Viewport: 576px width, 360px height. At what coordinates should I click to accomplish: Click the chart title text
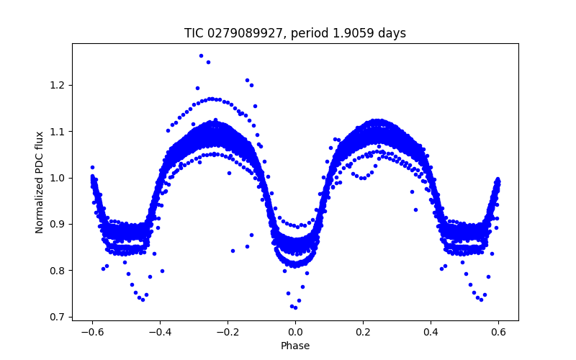click(x=295, y=33)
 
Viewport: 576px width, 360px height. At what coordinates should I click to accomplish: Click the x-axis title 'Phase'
click(x=295, y=346)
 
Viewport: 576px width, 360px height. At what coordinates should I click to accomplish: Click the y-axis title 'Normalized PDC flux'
click(x=40, y=182)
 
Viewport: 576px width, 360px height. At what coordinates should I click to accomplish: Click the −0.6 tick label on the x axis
click(x=92, y=333)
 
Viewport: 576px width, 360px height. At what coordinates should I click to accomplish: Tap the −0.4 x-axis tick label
click(x=160, y=333)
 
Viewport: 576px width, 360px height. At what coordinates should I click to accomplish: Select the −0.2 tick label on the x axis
click(x=228, y=333)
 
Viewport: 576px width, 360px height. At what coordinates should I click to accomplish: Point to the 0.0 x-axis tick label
click(x=295, y=333)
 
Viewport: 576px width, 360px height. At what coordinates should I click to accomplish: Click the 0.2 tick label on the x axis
click(x=363, y=333)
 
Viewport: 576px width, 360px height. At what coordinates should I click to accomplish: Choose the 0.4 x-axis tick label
click(x=431, y=333)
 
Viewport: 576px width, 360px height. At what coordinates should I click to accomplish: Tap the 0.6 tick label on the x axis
click(x=498, y=333)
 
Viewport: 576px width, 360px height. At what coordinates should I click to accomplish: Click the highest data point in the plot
click(x=201, y=55)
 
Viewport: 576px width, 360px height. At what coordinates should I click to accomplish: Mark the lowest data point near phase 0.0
click(x=295, y=308)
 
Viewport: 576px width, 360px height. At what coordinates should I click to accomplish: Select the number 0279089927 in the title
click(x=241, y=33)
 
